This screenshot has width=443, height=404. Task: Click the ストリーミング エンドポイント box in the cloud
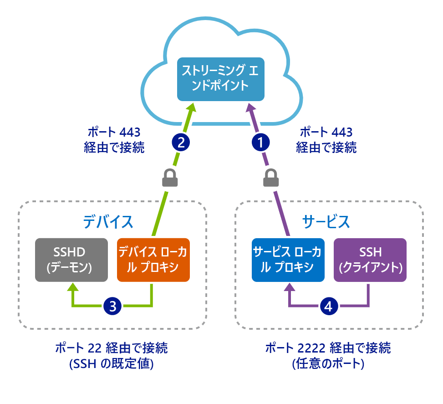point(221,78)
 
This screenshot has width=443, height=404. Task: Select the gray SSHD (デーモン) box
point(71,260)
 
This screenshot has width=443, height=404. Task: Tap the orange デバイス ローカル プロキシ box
point(153,260)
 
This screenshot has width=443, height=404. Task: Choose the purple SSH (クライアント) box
point(370,260)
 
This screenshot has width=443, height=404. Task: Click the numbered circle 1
point(261,142)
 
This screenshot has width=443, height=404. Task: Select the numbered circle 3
point(112,306)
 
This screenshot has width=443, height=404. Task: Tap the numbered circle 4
point(329,306)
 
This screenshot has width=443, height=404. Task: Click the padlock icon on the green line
point(169,178)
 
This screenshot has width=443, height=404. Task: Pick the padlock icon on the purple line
point(271,178)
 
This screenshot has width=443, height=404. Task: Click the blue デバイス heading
point(108,221)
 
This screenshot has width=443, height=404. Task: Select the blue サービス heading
point(326,221)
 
